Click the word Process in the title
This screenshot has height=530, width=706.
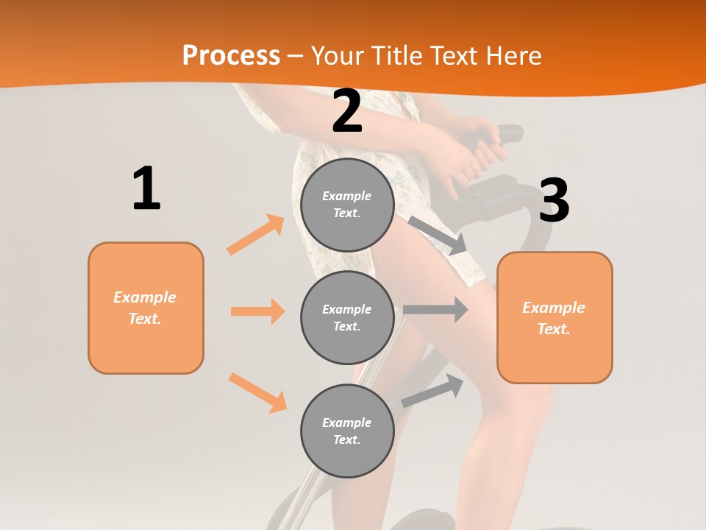(231, 55)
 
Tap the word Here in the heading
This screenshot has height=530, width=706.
(513, 55)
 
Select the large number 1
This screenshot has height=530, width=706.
(146, 189)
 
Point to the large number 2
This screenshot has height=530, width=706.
(347, 111)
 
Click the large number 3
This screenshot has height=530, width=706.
(554, 200)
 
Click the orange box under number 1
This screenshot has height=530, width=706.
(146, 308)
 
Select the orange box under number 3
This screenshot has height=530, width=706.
(555, 317)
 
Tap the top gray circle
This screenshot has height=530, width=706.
(347, 205)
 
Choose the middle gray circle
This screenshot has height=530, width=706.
(347, 317)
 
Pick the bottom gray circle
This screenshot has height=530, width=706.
(347, 431)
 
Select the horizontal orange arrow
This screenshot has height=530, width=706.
(257, 311)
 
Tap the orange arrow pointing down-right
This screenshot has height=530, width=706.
(257, 392)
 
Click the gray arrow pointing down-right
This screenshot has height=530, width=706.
(438, 235)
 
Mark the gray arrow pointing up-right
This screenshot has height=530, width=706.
(433, 391)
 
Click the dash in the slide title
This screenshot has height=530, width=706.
(296, 55)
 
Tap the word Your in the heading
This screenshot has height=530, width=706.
(339, 55)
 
